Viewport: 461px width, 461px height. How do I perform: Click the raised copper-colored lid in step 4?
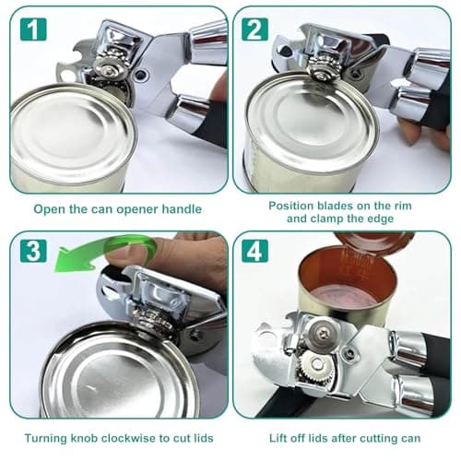coord(369,245)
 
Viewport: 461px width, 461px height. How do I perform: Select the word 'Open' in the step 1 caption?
coord(50,208)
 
